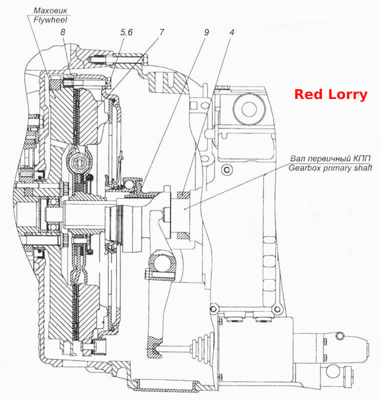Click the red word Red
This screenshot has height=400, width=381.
(309, 94)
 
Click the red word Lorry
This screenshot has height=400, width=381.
(348, 95)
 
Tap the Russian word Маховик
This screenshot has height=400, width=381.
(51, 10)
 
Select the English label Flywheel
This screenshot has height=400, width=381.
(50, 20)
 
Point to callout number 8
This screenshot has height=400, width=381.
(63, 32)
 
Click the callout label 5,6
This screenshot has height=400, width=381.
(126, 32)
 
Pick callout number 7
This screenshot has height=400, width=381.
(162, 32)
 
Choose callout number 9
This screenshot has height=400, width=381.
(206, 32)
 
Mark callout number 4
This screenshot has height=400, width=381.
(232, 32)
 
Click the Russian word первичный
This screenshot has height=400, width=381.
(330, 158)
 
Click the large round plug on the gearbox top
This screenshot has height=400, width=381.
(248, 109)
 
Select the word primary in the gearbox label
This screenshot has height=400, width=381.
(337, 168)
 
